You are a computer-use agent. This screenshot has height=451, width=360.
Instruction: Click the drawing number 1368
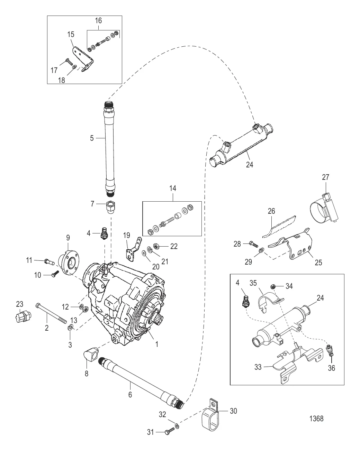coord(316,418)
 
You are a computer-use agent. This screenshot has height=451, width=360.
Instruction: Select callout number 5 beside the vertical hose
coord(92,138)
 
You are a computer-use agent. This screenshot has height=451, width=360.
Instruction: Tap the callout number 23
coord(20,304)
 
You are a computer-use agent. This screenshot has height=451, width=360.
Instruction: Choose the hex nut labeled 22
coord(156,246)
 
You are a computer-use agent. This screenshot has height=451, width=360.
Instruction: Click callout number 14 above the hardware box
coord(172,188)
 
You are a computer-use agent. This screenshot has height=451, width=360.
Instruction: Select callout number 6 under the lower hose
coord(130,394)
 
